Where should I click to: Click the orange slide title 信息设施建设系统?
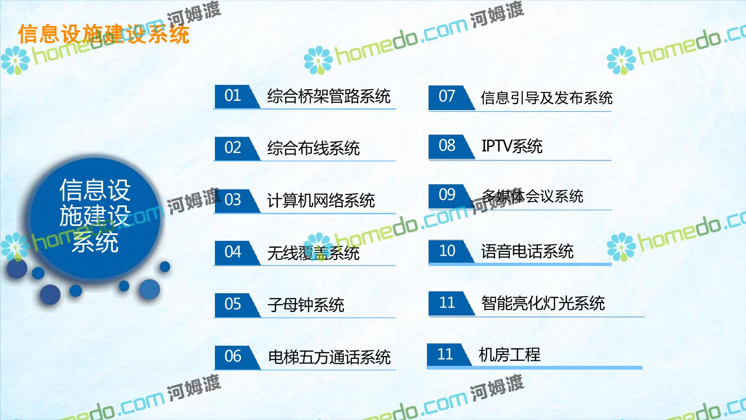point(104,34)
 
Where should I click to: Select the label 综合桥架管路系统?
point(329,96)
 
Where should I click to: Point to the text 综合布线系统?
point(313,148)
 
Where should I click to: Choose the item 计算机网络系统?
point(321,201)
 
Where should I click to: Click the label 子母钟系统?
point(306,305)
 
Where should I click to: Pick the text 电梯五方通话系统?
point(329,357)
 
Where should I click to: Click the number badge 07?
point(451,98)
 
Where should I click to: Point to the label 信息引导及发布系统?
point(546,98)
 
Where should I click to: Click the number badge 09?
point(451,196)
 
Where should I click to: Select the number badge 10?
point(451,252)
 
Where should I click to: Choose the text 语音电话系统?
point(527,252)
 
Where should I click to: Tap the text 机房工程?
point(510,355)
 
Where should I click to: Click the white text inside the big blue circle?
point(95,216)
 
